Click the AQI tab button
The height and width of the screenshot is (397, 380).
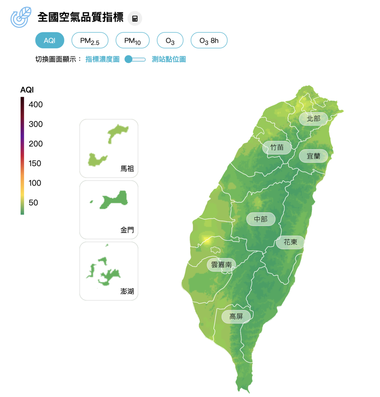pyautogui.click(x=50, y=41)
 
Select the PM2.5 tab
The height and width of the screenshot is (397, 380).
pyautogui.click(x=90, y=41)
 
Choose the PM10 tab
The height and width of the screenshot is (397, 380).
pyautogui.click(x=132, y=41)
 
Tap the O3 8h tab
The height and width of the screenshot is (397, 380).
pyautogui.click(x=209, y=41)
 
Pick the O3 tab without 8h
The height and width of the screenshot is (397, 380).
pyautogui.click(x=170, y=41)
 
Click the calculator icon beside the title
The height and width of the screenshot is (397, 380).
pyautogui.click(x=135, y=18)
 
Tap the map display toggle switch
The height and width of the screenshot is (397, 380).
pyautogui.click(x=135, y=59)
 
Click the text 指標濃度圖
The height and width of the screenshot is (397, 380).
pyautogui.click(x=103, y=59)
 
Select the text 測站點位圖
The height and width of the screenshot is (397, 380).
pyautogui.click(x=169, y=59)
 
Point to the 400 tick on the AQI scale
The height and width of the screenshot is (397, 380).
pyautogui.click(x=35, y=105)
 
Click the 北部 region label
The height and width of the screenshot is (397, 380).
pyautogui.click(x=313, y=119)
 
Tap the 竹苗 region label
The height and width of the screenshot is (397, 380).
pyautogui.click(x=277, y=147)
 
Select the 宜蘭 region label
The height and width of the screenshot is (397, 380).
pyautogui.click(x=313, y=156)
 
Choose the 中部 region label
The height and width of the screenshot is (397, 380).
pyautogui.click(x=261, y=219)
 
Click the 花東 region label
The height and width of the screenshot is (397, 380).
pyautogui.click(x=290, y=242)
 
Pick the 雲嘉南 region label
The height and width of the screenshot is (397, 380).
pyautogui.click(x=221, y=265)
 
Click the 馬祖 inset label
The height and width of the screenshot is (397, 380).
pyautogui.click(x=127, y=169)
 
